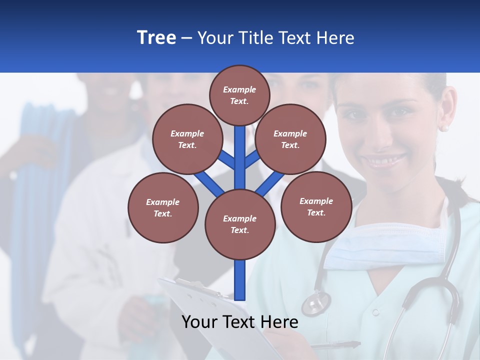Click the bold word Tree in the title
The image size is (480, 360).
click(x=156, y=37)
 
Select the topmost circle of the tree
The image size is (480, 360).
click(x=239, y=95)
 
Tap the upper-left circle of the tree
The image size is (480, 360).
click(x=187, y=139)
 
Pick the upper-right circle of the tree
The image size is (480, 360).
click(x=290, y=139)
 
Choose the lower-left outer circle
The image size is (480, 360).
click(x=163, y=207)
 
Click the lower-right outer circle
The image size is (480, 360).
click(x=316, y=206)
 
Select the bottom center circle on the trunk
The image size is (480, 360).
click(x=240, y=224)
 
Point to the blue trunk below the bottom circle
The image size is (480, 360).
click(x=240, y=280)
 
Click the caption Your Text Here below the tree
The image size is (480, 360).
click(x=239, y=322)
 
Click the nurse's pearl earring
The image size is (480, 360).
click(x=444, y=128)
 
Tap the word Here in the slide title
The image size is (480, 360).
click(x=335, y=37)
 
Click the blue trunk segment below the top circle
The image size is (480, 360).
click(x=240, y=150)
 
